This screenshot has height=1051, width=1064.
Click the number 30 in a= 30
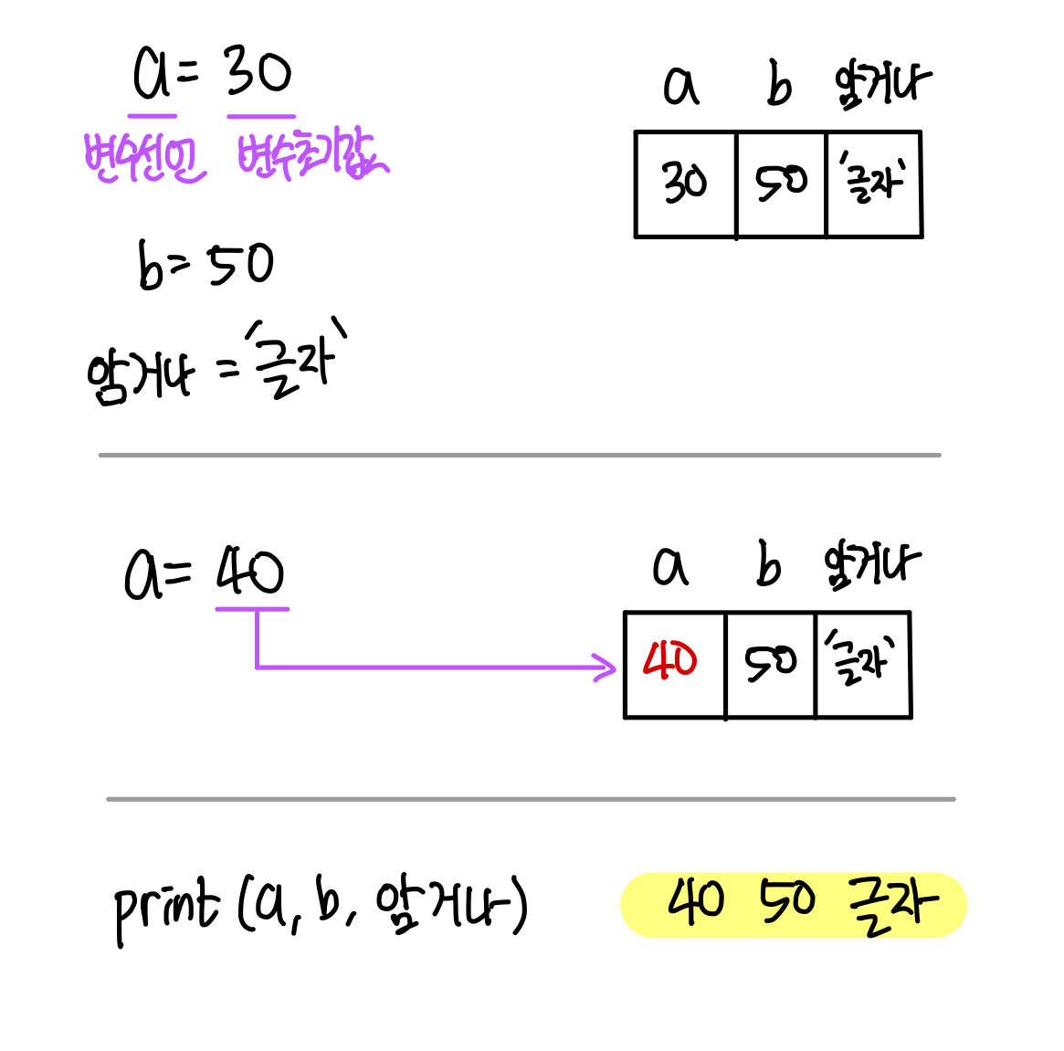(x=258, y=73)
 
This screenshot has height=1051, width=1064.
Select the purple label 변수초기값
(x=311, y=155)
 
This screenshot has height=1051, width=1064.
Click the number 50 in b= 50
(x=241, y=265)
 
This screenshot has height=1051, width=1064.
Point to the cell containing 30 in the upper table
(x=685, y=184)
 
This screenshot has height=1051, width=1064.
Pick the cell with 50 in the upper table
(x=781, y=184)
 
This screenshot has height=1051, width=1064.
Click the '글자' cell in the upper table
(x=874, y=184)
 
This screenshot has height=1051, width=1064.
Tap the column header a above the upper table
(x=680, y=87)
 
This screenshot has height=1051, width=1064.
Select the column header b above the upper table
(x=778, y=87)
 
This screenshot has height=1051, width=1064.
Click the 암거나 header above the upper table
(x=882, y=85)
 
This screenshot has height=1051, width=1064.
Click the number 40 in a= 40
(x=250, y=573)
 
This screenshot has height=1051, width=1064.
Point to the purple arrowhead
(x=606, y=667)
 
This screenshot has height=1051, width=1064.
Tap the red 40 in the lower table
(x=670, y=660)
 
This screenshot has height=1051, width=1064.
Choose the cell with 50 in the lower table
(x=770, y=664)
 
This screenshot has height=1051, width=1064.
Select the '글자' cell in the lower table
(x=862, y=664)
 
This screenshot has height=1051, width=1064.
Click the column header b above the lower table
(x=768, y=567)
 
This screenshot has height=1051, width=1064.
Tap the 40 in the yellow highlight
(x=696, y=902)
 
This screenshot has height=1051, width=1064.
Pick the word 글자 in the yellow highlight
(x=892, y=904)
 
